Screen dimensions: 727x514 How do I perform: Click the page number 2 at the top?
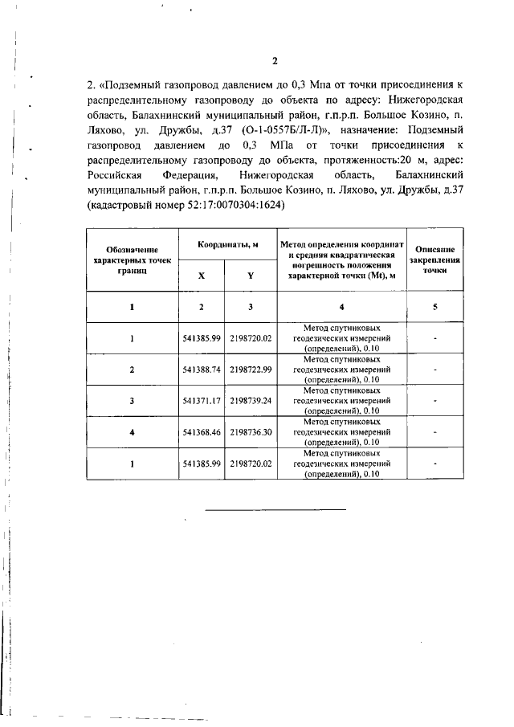click(274, 61)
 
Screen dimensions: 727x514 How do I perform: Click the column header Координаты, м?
click(226, 243)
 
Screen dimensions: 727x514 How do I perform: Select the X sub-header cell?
click(202, 275)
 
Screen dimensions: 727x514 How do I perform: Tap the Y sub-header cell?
click(251, 275)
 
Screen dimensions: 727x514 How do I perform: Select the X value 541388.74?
click(202, 370)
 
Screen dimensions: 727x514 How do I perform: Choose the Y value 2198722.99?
click(251, 370)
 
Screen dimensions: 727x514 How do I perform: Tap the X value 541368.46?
click(202, 431)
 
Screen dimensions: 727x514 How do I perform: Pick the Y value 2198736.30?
click(251, 431)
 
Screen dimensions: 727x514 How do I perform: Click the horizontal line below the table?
click(275, 510)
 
